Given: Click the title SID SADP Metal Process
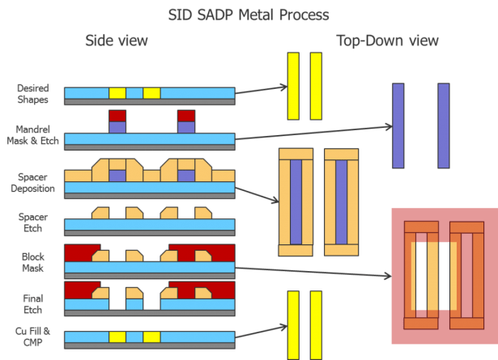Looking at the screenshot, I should click(x=249, y=15).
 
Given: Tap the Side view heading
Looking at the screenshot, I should click(x=117, y=41).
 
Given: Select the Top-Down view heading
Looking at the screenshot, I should click(x=388, y=41).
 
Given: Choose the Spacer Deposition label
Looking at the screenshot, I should click(x=33, y=182).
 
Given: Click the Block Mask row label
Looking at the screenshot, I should click(x=33, y=261).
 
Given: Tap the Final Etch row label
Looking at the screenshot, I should click(x=33, y=302).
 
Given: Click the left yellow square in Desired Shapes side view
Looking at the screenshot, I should click(x=117, y=92).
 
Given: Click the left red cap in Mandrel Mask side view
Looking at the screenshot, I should click(x=117, y=115).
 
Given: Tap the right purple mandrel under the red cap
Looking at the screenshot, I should click(x=186, y=127).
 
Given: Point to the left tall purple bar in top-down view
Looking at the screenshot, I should click(x=398, y=125).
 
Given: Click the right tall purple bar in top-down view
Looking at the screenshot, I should click(x=443, y=125).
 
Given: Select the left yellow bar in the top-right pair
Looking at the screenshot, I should click(x=293, y=86).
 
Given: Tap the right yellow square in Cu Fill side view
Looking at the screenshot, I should click(x=151, y=335).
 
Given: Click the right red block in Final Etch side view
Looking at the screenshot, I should click(x=202, y=289).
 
